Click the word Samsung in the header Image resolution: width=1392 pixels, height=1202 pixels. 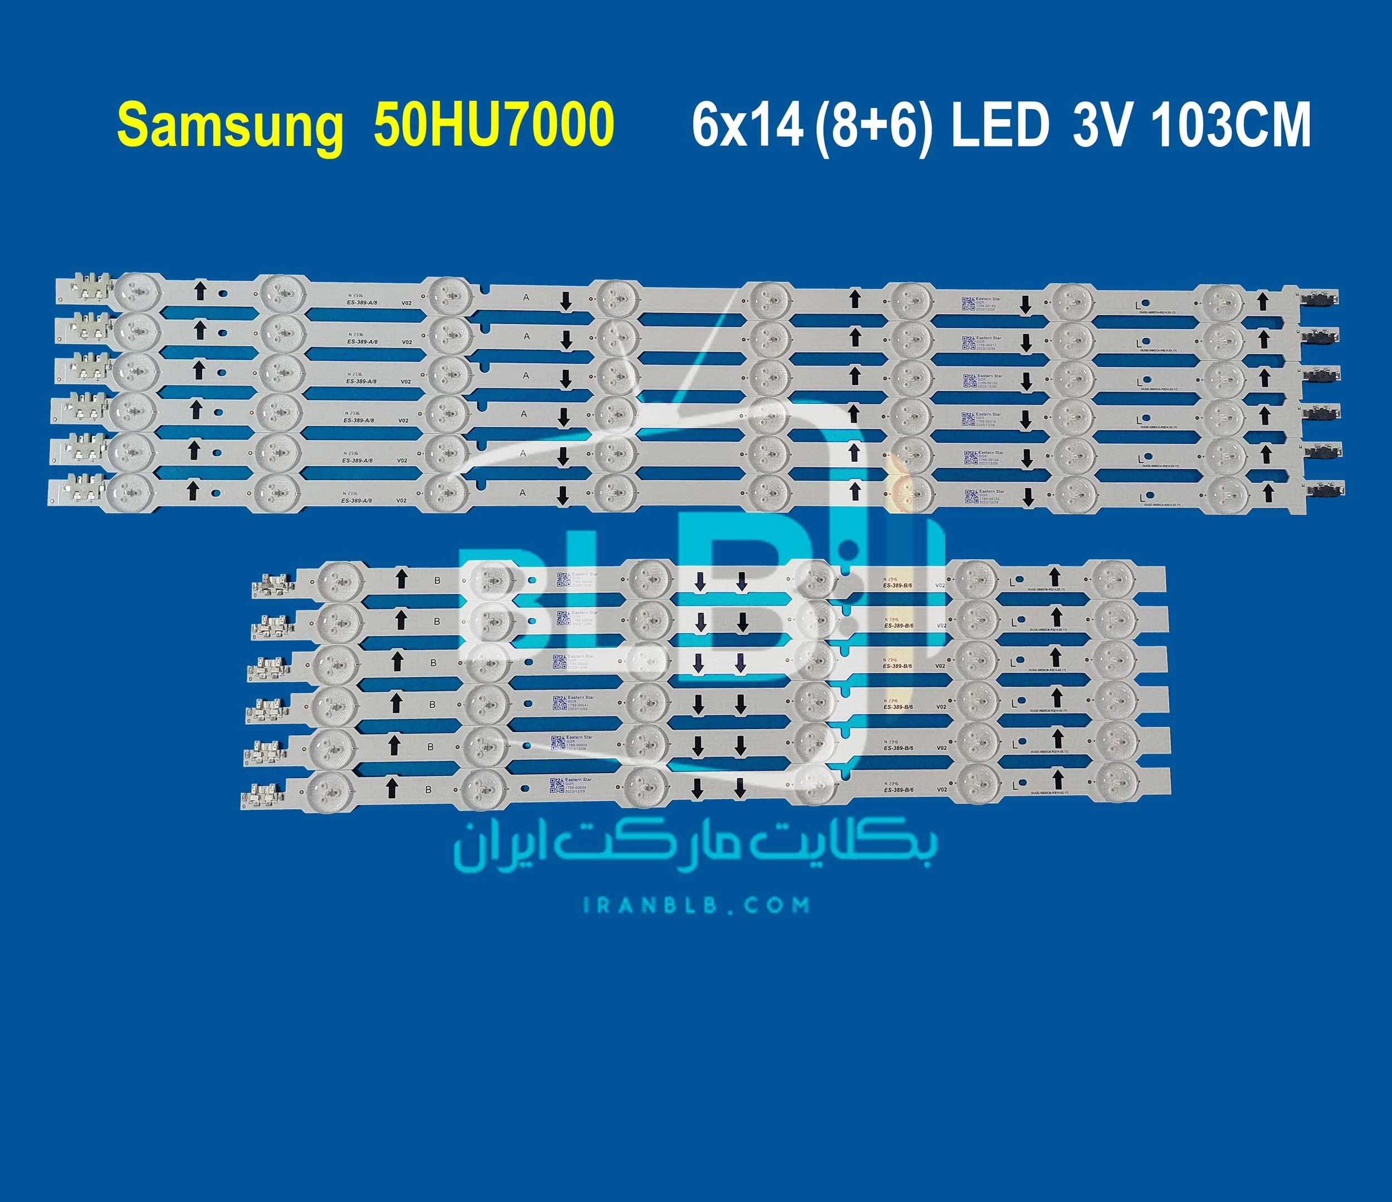tap(230, 126)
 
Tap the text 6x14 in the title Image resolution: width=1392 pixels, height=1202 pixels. tap(747, 126)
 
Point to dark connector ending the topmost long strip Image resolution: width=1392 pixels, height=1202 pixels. tap(1320, 297)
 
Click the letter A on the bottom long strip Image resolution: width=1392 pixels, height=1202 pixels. tap(523, 492)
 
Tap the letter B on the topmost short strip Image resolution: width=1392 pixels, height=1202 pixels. tap(437, 580)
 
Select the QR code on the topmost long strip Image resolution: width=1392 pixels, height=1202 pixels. tap(968, 304)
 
